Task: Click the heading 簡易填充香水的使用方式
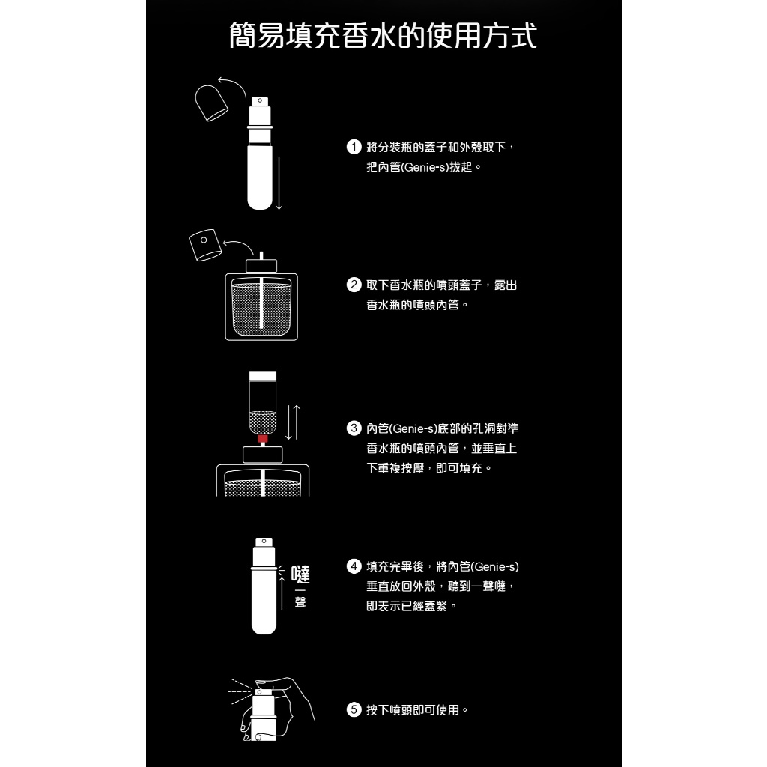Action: click(383, 36)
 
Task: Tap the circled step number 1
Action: click(354, 147)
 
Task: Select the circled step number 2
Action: click(354, 285)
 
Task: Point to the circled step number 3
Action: click(354, 428)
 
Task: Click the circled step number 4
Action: click(354, 566)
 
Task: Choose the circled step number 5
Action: click(354, 710)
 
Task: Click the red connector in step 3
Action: click(263, 438)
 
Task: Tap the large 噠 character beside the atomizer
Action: click(300, 575)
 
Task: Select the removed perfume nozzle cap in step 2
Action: click(205, 245)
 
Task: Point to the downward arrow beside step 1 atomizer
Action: click(279, 184)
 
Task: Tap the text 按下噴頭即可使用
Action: click(413, 710)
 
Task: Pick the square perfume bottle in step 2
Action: click(261, 300)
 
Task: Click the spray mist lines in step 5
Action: click(240, 691)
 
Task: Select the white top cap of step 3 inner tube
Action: click(263, 376)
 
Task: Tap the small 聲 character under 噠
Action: click(300, 601)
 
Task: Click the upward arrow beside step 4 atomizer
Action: click(282, 593)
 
